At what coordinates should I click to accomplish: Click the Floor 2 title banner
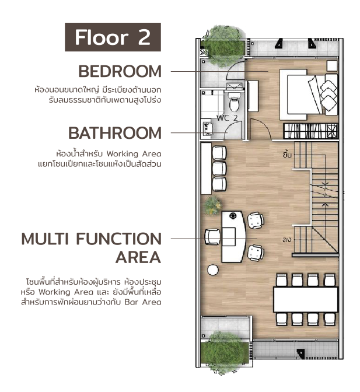point(113,37)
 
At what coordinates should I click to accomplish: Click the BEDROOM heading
point(120,71)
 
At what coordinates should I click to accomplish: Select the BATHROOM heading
point(115,133)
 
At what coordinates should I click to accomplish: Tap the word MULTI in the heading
point(45,239)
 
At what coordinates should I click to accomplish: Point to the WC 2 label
point(227,118)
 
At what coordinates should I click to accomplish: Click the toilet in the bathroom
point(234,101)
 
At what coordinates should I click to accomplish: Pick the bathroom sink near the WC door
point(208,128)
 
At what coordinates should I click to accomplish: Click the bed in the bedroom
point(309,94)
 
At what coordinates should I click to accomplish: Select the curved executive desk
point(234,236)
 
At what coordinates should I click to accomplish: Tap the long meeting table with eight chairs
point(306,299)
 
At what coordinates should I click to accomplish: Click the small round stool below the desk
point(213,269)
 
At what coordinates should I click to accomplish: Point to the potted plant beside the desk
point(212,205)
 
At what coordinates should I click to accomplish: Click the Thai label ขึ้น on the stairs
point(287,155)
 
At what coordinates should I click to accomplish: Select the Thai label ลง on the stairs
point(286,240)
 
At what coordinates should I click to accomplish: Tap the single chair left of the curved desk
point(213,237)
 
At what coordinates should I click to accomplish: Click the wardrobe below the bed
point(311,131)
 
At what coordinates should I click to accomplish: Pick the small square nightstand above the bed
point(332,66)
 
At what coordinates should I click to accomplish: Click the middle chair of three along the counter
point(219,169)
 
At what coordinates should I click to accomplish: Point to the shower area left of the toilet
point(212,104)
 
